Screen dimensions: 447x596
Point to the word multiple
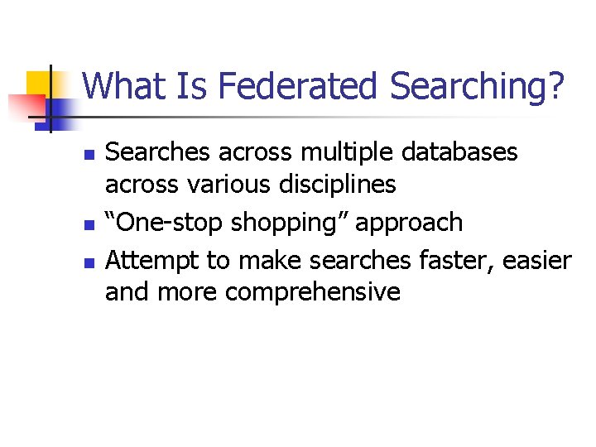320,153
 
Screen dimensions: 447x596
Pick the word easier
537,262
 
